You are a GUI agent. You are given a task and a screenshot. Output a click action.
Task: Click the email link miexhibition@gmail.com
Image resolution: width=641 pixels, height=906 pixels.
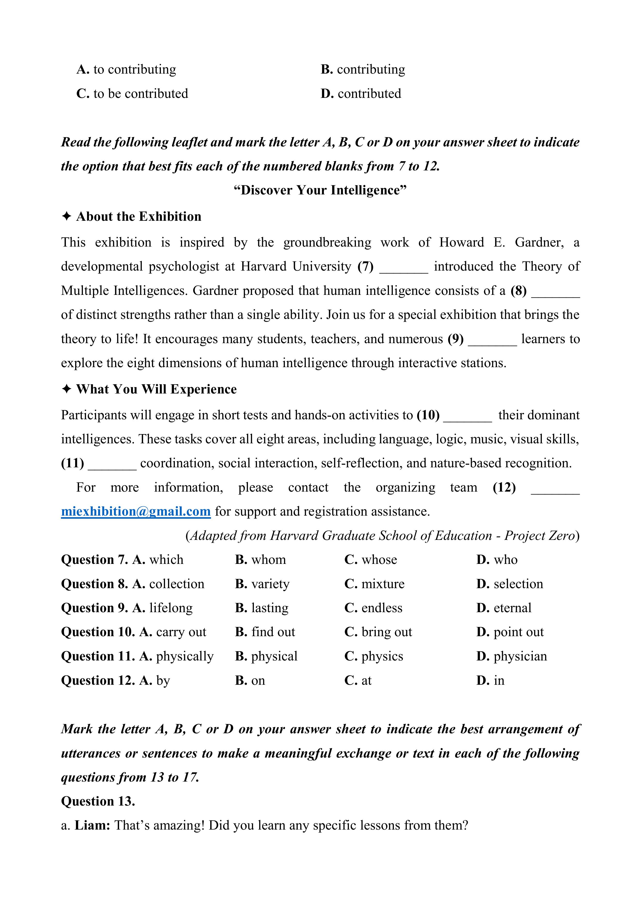(x=136, y=511)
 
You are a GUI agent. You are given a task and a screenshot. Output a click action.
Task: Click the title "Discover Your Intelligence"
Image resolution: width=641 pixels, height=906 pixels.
(x=320, y=190)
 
